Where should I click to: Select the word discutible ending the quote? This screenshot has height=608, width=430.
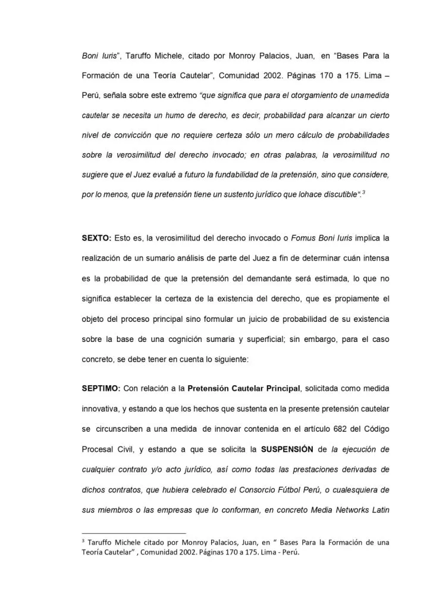(335, 194)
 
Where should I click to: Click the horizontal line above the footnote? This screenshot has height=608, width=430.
(133, 533)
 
